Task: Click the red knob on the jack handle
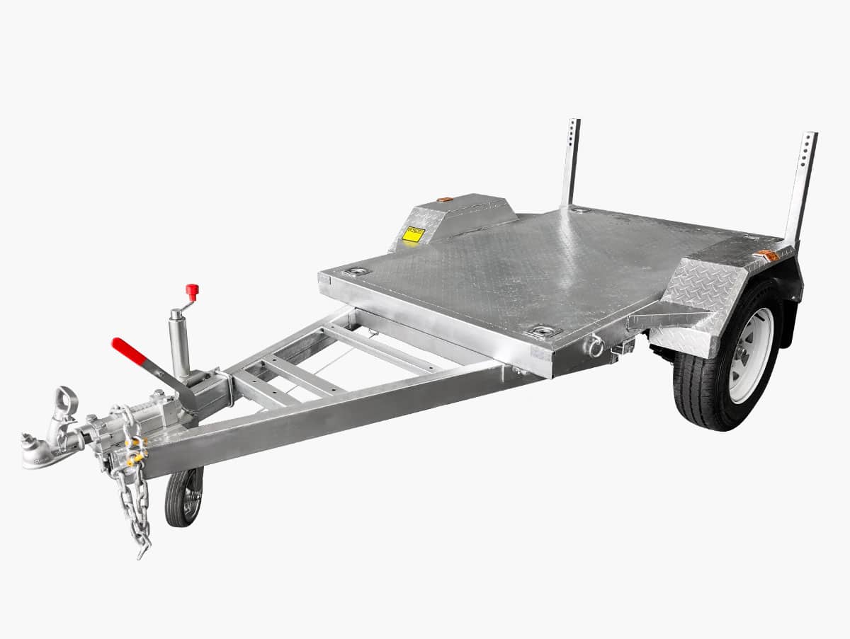(x=191, y=290)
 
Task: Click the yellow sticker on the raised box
(x=412, y=234)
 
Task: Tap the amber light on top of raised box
(x=445, y=200)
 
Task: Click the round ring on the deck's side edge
(x=594, y=346)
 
